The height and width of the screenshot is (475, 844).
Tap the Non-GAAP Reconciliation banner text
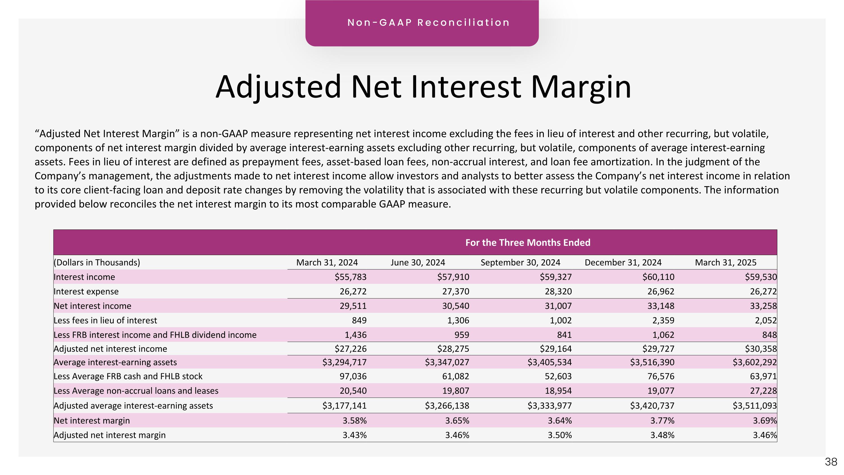click(x=428, y=23)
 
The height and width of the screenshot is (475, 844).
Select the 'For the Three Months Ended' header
click(x=527, y=243)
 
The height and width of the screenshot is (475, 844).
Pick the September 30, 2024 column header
click(x=520, y=263)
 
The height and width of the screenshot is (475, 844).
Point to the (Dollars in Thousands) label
click(x=97, y=263)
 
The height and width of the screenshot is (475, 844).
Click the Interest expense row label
click(x=86, y=291)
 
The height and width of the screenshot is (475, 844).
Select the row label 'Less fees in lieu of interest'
click(x=105, y=320)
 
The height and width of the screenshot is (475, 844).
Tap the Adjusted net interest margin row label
click(x=109, y=435)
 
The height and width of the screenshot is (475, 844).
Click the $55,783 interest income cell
click(x=350, y=277)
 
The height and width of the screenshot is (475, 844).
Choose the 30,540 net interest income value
click(x=455, y=306)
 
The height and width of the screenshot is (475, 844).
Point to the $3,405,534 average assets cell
click(x=549, y=362)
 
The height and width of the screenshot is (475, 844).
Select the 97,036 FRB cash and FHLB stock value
click(x=353, y=376)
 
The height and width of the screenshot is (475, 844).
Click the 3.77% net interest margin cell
click(x=662, y=421)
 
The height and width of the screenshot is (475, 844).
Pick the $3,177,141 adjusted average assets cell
click(x=344, y=406)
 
